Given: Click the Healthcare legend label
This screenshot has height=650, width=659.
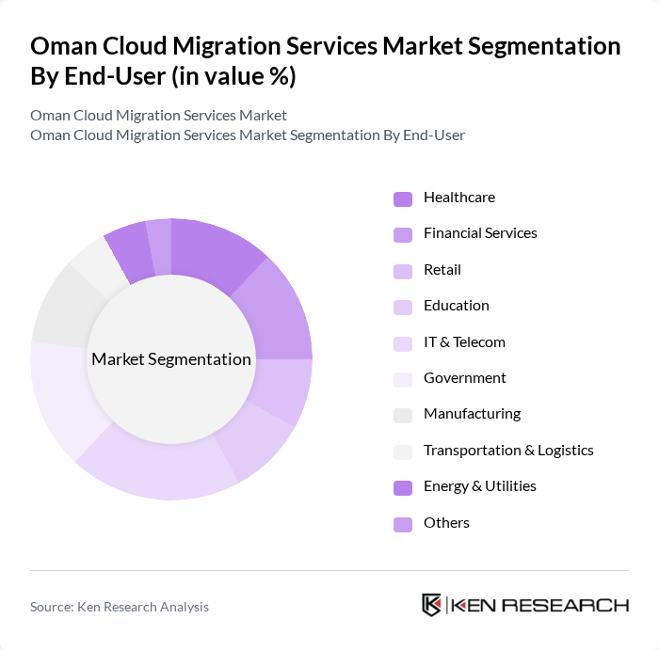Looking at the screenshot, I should [458, 198].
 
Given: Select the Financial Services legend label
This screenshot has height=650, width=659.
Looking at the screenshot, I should [480, 233].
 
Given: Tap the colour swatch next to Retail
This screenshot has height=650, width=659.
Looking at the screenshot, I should [402, 271].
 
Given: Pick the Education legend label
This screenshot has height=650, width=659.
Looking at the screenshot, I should [456, 306].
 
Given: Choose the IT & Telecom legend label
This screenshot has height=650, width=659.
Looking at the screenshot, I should [464, 342].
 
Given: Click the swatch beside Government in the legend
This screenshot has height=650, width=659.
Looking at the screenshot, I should [402, 379].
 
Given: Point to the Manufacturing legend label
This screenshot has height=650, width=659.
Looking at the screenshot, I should [472, 414].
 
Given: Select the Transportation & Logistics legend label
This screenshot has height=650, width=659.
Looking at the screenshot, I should [508, 451].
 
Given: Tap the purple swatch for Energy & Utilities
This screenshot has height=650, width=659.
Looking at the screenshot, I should [402, 487].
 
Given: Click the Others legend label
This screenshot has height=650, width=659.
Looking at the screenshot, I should [446, 523].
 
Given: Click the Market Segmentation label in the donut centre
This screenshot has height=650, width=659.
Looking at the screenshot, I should [171, 359].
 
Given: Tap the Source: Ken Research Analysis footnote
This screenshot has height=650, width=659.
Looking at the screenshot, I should [120, 607].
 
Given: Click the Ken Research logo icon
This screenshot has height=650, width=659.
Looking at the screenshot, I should [432, 605].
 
